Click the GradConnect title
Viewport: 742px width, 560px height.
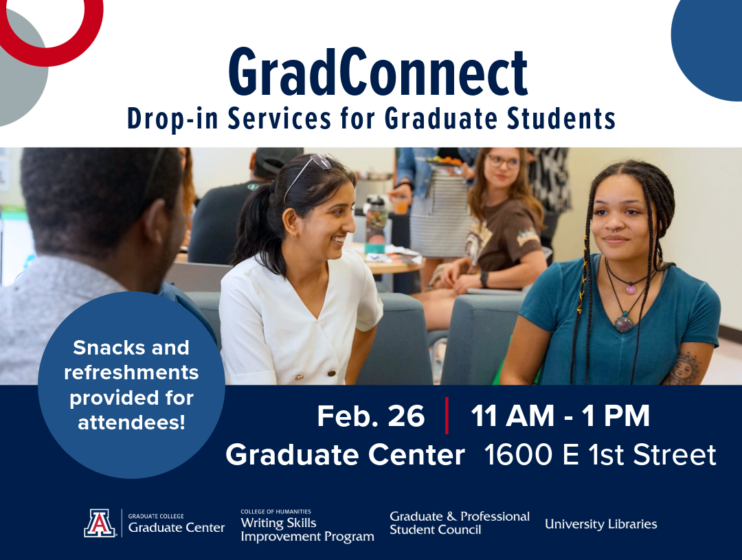point(378,74)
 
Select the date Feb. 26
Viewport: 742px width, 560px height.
point(370,416)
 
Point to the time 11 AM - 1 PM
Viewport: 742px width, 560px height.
point(560,416)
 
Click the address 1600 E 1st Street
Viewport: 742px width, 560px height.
point(600,455)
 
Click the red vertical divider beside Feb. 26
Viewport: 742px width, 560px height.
point(447,416)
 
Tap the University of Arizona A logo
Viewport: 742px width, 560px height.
point(100,523)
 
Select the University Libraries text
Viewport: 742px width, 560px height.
point(600,524)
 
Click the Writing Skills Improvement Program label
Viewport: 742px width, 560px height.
point(307,528)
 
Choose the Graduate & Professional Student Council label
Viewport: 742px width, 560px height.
point(459,523)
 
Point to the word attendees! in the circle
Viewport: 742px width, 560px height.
point(131,423)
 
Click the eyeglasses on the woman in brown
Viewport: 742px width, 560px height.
point(503,162)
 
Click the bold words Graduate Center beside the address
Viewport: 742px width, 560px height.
point(345,455)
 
